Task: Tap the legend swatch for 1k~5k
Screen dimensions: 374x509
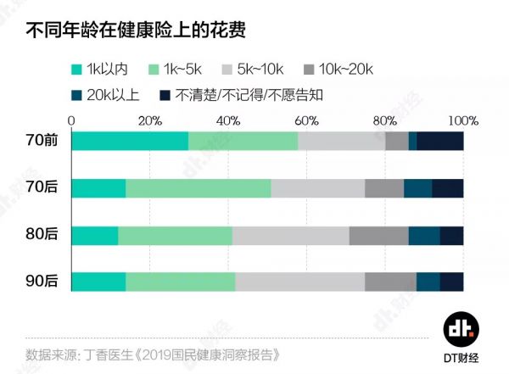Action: coord(154,70)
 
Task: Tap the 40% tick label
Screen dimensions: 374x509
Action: coord(228,120)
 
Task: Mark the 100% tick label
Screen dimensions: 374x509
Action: coord(463,120)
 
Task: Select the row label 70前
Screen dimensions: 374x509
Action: coord(42,142)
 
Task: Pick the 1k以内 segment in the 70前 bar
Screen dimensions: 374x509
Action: coord(130,142)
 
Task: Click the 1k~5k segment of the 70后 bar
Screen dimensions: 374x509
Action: coord(199,188)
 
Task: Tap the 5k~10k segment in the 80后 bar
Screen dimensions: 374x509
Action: coord(290,236)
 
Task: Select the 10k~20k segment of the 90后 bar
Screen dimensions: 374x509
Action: coord(390,282)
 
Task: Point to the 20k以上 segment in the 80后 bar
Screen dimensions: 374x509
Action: coord(424,236)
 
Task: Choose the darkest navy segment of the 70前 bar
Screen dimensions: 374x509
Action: coord(440,142)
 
